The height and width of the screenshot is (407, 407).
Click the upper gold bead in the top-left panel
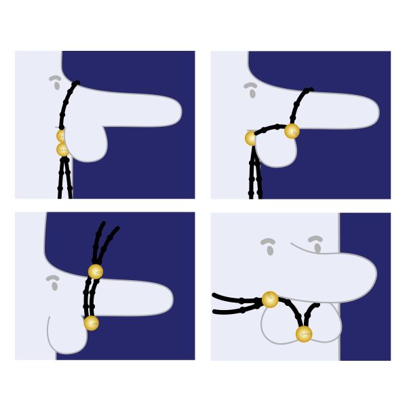click(62, 136)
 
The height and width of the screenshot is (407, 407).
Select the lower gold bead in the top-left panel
click(62, 150)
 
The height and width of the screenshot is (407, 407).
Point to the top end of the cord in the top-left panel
click(77, 83)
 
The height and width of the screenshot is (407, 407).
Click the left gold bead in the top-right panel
click(252, 138)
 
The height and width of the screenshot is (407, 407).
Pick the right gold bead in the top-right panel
click(292, 131)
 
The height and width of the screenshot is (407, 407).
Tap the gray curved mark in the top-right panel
click(251, 88)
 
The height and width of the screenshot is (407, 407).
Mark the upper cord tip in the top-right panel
click(310, 90)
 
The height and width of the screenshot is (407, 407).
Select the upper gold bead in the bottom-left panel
click(96, 272)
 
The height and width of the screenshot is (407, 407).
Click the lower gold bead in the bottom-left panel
click(92, 323)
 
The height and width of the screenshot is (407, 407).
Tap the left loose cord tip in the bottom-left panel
click(102, 223)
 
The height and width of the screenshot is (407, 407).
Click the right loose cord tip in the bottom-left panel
click(117, 229)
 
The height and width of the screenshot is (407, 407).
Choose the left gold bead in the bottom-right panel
click(270, 299)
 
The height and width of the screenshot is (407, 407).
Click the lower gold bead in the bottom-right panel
click(304, 334)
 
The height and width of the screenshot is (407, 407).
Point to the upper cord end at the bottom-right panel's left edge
click(215, 295)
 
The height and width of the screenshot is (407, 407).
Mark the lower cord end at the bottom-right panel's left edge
click(216, 312)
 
